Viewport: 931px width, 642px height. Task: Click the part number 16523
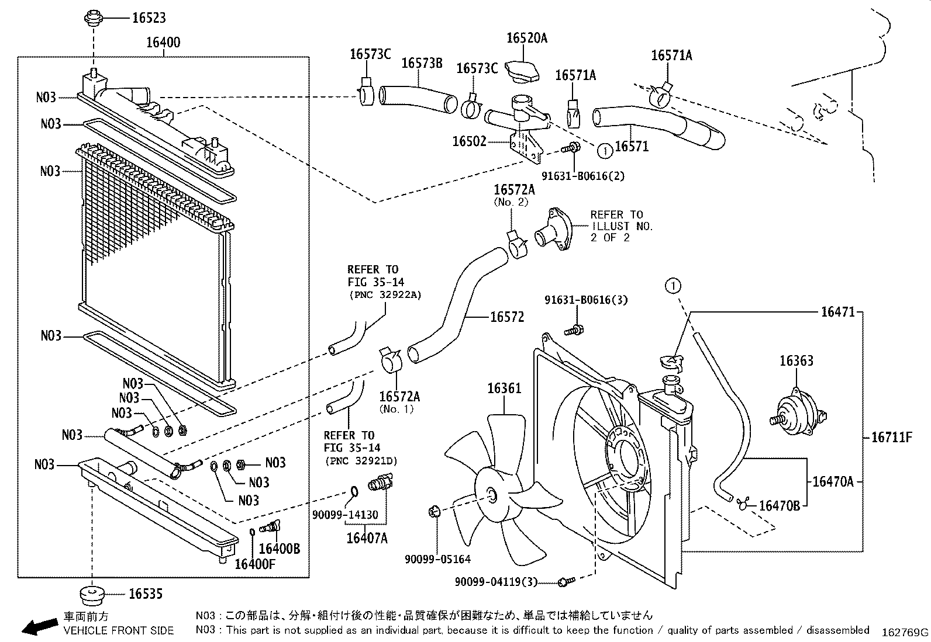149,18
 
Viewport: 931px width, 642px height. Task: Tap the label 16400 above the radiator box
163,42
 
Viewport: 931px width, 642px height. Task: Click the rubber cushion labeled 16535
91,595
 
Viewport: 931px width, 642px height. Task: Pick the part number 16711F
891,437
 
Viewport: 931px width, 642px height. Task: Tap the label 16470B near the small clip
779,505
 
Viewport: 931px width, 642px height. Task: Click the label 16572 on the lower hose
507,317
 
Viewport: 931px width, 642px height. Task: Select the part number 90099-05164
437,559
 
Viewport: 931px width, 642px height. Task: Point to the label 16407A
367,537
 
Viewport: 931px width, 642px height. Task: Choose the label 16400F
254,564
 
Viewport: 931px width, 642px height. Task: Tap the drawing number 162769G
905,632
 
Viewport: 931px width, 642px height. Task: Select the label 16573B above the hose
422,63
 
